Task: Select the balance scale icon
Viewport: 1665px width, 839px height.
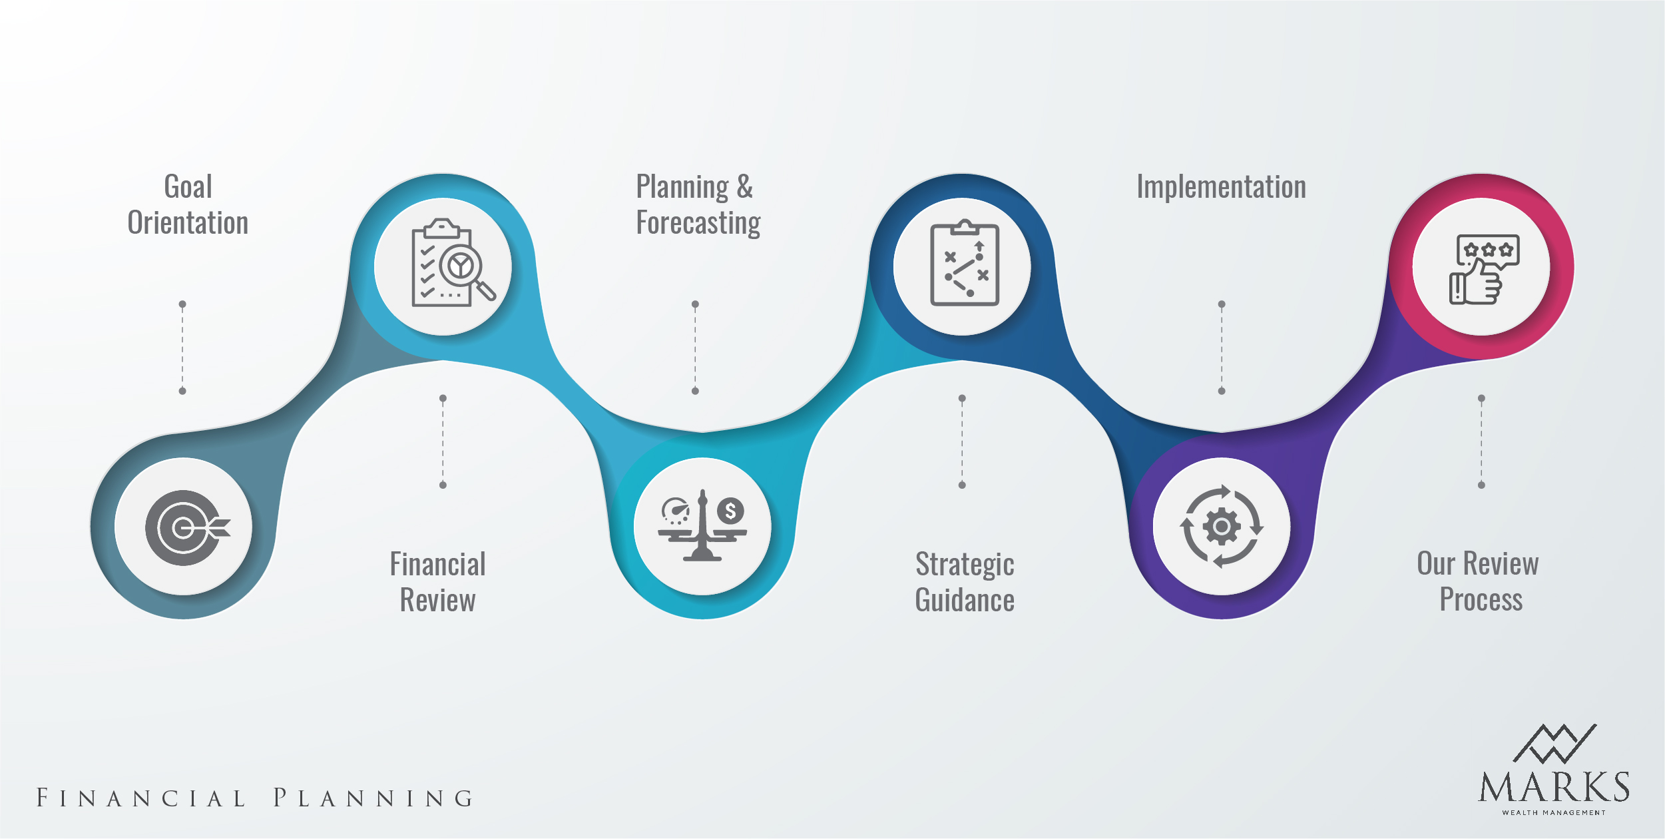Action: tap(702, 526)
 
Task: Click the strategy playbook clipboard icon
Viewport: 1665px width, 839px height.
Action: tap(964, 264)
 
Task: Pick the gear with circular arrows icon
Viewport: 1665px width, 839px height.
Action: tap(1221, 527)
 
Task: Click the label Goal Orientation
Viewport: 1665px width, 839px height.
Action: tap(188, 204)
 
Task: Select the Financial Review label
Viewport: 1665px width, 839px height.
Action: tap(437, 582)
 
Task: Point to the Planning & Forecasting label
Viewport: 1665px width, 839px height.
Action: tap(698, 204)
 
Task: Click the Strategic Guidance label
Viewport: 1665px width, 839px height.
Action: tap(965, 582)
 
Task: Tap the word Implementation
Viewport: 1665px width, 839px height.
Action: tap(1221, 187)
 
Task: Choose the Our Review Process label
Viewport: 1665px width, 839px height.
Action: tap(1479, 581)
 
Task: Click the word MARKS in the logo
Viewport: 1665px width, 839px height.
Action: tap(1554, 788)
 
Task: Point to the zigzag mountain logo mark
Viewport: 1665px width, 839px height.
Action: tap(1554, 743)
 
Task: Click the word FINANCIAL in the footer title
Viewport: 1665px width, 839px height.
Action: tap(141, 798)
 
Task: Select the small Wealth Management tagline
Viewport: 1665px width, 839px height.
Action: tap(1554, 812)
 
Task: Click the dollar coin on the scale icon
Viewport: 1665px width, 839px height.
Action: tap(730, 511)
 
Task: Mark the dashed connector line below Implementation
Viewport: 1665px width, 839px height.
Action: tap(1222, 348)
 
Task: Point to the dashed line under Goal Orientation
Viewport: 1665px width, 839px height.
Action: tap(182, 348)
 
